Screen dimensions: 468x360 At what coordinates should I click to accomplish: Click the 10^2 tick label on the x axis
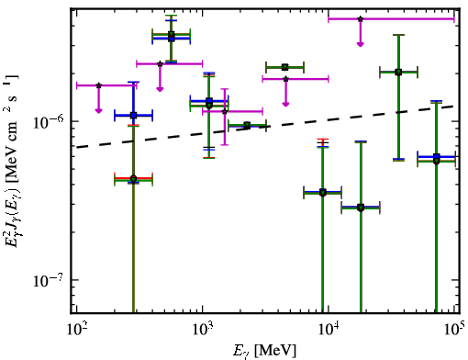(x=76, y=330)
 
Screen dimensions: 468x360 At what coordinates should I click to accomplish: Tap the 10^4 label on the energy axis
(x=329, y=330)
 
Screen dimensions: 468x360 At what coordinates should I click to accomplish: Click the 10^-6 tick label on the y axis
(x=49, y=121)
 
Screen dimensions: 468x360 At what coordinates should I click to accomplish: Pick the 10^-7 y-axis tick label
(x=49, y=280)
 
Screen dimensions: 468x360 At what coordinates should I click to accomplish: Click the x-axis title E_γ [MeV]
(x=264, y=351)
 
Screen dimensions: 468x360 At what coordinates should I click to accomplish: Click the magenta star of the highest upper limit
(x=361, y=19)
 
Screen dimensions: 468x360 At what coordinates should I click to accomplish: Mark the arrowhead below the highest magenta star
(x=361, y=44)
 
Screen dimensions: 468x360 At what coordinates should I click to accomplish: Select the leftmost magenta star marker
(x=98, y=85)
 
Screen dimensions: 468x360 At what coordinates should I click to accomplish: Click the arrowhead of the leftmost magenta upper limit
(x=98, y=110)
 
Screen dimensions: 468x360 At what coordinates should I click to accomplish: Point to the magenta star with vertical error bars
(x=225, y=111)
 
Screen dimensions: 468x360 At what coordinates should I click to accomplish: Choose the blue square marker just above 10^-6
(x=133, y=116)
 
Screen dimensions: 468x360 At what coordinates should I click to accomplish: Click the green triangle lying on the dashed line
(x=247, y=125)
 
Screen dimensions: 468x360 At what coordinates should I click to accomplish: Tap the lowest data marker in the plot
(x=361, y=208)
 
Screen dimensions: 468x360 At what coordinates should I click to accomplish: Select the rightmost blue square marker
(x=437, y=157)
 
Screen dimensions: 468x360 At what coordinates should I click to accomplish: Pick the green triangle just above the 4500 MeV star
(x=285, y=67)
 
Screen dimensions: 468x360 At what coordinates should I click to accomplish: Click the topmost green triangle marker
(x=172, y=34)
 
